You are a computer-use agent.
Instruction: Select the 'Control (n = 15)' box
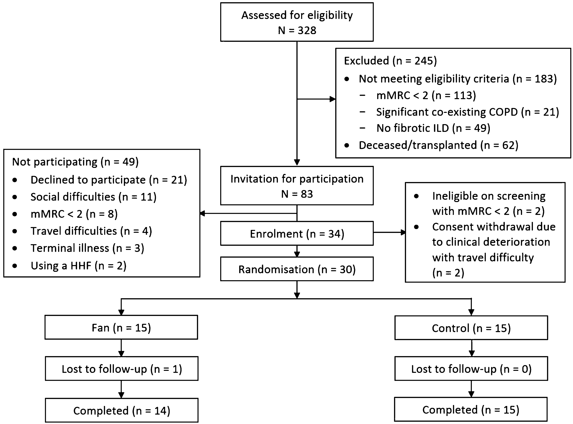[471, 328]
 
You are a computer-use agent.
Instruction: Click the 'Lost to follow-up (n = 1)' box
[122, 369]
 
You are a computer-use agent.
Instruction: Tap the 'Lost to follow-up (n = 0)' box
[471, 369]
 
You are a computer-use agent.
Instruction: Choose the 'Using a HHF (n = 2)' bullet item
[78, 266]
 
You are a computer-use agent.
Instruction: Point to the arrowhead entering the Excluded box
[333, 99]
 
